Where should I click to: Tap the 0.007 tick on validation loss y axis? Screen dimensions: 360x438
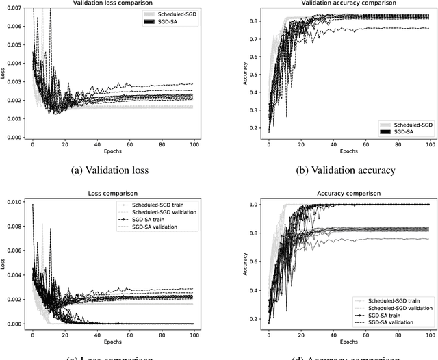pyautogui.click(x=12, y=7)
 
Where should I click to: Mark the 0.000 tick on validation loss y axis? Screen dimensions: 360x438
pyautogui.click(x=12, y=138)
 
